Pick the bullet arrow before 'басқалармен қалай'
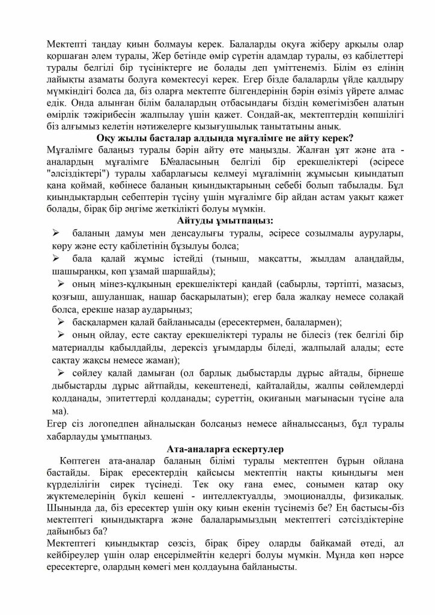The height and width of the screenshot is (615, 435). pos(61,323)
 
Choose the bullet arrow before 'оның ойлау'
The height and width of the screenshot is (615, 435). pos(61,335)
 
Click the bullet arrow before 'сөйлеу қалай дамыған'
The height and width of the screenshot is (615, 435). pos(61,373)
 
